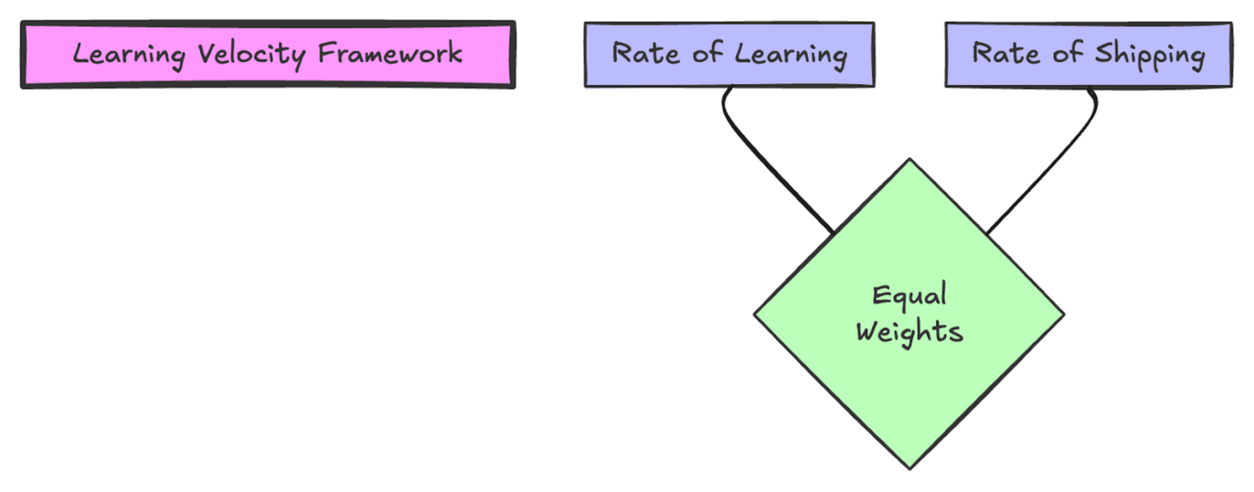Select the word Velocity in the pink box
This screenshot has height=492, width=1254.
[x=251, y=54]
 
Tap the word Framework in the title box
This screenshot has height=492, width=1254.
[x=390, y=53]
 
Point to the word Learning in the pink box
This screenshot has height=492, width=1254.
[x=129, y=55]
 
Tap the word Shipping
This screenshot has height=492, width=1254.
[x=1149, y=55]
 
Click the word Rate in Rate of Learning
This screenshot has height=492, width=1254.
[x=645, y=53]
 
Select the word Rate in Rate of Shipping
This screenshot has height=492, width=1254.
[x=1006, y=53]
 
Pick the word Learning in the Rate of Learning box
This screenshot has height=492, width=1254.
[x=791, y=55]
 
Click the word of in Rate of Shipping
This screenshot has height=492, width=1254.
[x=1067, y=53]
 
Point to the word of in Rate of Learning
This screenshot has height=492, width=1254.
[x=707, y=53]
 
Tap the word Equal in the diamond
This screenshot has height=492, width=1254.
[x=909, y=296]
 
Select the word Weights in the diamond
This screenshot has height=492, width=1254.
[x=909, y=331]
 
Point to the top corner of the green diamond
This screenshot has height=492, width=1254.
[x=910, y=160]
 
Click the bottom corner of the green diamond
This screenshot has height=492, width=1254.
[x=910, y=467]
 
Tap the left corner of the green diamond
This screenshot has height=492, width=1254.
[x=756, y=313]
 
